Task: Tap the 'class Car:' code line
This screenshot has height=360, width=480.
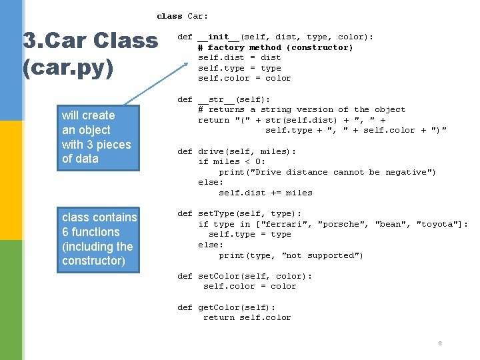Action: (x=182, y=16)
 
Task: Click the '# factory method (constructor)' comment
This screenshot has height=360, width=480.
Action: (x=275, y=47)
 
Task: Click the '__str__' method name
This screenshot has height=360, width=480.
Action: (x=216, y=99)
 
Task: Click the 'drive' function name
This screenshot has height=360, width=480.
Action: (x=213, y=151)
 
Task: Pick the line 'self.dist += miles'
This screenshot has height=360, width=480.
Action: (x=265, y=193)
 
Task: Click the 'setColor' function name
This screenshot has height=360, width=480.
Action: (x=219, y=276)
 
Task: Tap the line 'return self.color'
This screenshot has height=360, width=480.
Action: (x=247, y=317)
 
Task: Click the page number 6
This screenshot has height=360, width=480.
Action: (x=440, y=343)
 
